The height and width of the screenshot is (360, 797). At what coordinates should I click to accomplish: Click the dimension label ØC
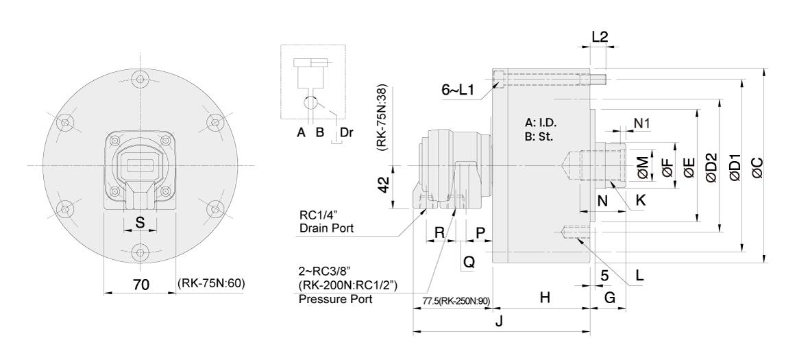click(x=757, y=167)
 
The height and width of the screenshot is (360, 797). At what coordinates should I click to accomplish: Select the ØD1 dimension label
click(x=735, y=167)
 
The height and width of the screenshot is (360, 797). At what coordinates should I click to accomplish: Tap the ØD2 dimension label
click(x=711, y=167)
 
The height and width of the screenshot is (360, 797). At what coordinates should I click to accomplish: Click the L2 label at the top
click(x=600, y=36)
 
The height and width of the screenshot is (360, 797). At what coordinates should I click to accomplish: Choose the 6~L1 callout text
click(x=458, y=90)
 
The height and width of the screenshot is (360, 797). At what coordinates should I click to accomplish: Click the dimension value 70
click(x=141, y=285)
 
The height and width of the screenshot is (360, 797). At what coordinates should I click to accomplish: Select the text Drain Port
click(x=326, y=228)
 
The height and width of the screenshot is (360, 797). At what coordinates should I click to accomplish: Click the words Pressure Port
click(x=336, y=299)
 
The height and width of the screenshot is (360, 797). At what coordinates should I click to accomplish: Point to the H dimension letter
click(x=545, y=298)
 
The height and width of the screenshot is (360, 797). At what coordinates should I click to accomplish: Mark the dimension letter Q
click(x=469, y=262)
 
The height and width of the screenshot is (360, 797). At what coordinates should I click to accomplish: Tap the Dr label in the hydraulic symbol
click(x=346, y=133)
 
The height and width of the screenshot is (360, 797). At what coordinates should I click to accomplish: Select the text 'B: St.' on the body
click(x=539, y=136)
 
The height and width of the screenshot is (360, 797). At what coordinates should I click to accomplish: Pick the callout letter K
click(x=641, y=200)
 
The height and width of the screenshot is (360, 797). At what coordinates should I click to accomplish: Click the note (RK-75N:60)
click(x=212, y=283)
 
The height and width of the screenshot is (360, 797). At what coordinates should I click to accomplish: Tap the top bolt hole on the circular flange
click(x=140, y=79)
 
